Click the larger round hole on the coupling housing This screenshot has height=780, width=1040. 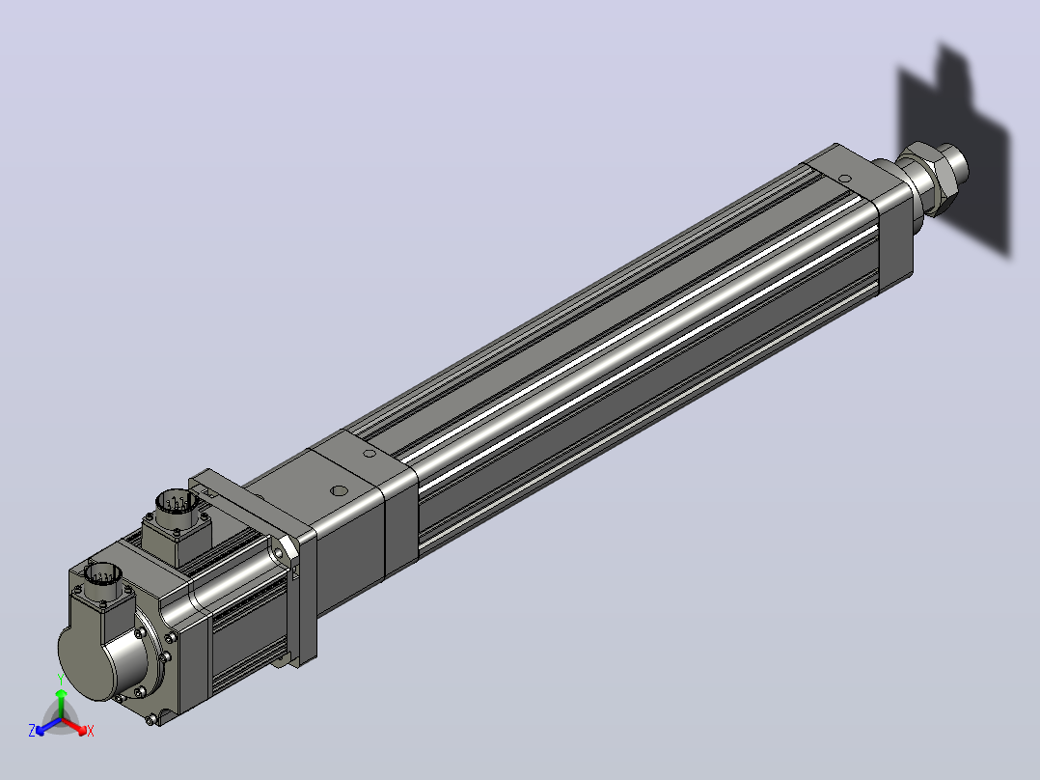point(339,492)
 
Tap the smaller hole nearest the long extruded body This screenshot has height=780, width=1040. point(369,454)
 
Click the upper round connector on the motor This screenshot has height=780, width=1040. point(175,503)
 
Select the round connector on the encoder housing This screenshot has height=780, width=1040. point(103,573)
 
